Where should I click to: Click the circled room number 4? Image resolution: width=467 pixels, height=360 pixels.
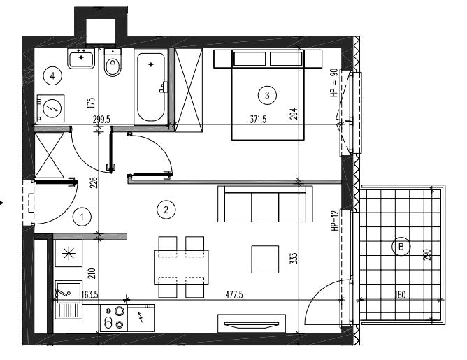(x=52, y=76)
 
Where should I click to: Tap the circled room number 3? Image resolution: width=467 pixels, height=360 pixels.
(x=267, y=95)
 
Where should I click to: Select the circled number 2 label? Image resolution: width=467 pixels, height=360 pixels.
(x=166, y=210)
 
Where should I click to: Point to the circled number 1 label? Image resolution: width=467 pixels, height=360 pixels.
(x=82, y=217)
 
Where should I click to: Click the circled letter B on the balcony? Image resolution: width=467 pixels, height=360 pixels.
(x=401, y=247)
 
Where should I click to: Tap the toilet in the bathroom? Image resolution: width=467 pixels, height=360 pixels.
(x=113, y=63)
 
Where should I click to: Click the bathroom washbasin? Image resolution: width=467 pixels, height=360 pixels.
(x=81, y=59)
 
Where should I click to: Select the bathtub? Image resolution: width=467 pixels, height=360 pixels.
(x=151, y=87)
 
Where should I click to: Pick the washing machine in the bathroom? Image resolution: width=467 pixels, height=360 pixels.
(x=50, y=108)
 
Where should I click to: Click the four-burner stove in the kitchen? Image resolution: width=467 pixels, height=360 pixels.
(x=113, y=318)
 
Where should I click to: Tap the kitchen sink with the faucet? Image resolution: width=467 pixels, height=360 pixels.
(x=69, y=299)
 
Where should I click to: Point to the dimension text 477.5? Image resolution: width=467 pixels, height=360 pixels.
(x=234, y=295)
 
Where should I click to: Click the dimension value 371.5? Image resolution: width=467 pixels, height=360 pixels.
(x=258, y=120)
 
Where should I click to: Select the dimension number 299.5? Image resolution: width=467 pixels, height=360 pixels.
(x=101, y=120)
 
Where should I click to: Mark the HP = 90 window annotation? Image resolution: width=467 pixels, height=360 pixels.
(x=334, y=82)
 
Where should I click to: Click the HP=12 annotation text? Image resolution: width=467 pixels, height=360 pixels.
(x=335, y=221)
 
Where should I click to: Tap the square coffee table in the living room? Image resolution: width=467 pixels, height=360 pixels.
(x=265, y=259)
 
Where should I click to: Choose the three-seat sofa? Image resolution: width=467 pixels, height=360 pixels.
(x=265, y=204)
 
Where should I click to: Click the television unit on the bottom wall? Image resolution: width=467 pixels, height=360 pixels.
(x=252, y=324)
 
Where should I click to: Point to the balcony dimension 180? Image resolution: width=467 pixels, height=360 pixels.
(x=400, y=295)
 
